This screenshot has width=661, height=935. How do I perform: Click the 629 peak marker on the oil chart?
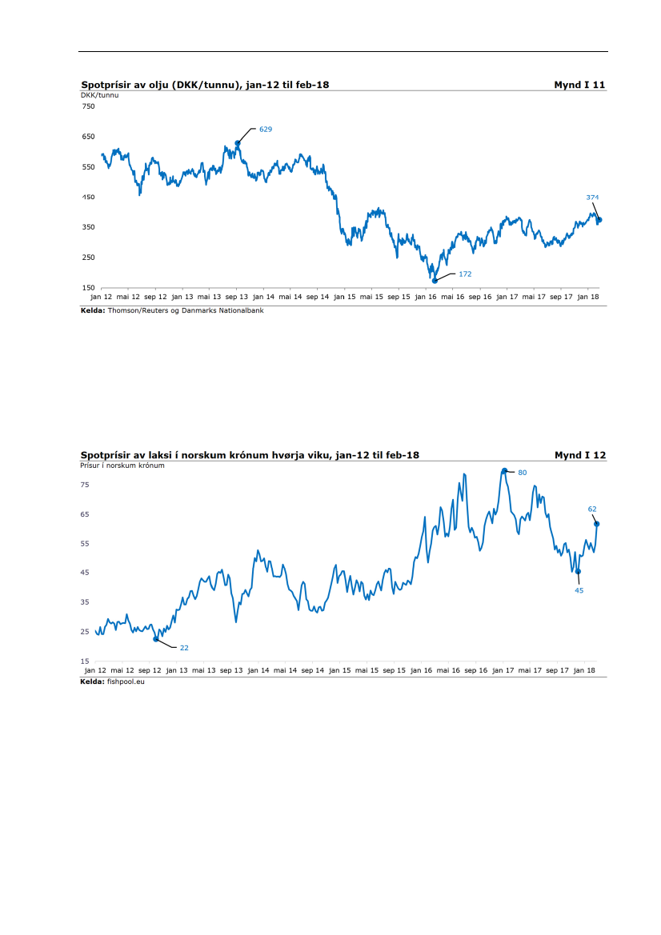[x=238, y=143]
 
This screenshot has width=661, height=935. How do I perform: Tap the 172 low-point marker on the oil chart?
[x=435, y=281]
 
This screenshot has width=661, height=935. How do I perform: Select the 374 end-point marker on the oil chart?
[x=599, y=220]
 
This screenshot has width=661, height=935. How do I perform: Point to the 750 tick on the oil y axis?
[x=88, y=106]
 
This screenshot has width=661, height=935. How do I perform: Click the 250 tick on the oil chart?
[x=88, y=258]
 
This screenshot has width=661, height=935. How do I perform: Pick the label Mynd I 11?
[x=579, y=84]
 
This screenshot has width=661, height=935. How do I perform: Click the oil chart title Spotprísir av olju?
[x=205, y=84]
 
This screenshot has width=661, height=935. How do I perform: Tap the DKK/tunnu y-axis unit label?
[x=100, y=94]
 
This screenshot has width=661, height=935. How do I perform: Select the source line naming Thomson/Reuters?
[x=172, y=310]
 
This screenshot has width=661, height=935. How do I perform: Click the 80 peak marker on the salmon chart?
[x=504, y=471]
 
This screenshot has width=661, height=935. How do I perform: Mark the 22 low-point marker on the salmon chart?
[x=156, y=639]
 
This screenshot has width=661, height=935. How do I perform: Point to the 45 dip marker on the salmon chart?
[x=578, y=571]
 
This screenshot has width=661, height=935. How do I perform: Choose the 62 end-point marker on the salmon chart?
[x=597, y=524]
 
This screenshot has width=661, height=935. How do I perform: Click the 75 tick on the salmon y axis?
[x=85, y=485]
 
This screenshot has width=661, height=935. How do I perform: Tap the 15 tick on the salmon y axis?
[x=85, y=661]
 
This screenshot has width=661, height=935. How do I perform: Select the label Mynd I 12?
[x=579, y=455]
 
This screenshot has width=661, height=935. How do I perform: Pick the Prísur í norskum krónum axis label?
[x=122, y=466]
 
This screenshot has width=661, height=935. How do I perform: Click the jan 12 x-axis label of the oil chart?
[x=102, y=296]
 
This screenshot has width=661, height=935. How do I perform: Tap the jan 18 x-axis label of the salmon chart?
[x=585, y=669]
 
